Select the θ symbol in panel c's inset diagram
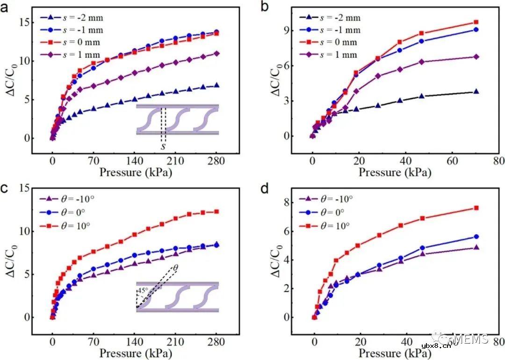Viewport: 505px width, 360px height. tap(175, 268)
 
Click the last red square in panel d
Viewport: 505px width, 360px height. tap(476, 208)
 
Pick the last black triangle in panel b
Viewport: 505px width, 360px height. tap(476, 92)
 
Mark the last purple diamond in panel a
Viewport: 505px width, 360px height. tap(216, 53)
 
